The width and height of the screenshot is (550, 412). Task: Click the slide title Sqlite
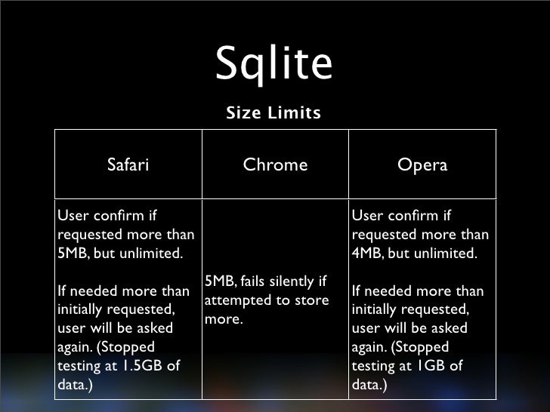click(x=273, y=65)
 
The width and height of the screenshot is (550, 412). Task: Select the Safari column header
click(x=128, y=164)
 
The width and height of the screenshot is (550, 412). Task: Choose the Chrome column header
click(x=275, y=164)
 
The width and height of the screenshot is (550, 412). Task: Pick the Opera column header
click(x=422, y=164)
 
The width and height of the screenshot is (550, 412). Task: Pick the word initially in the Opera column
click(x=379, y=310)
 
